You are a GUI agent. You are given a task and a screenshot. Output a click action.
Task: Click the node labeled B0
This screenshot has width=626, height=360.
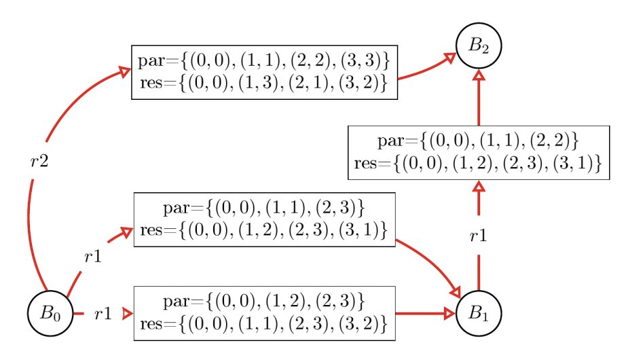[50, 314]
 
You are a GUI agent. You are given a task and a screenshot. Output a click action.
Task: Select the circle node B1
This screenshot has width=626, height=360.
[479, 314]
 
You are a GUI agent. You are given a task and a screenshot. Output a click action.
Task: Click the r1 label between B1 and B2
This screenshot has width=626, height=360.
[479, 236]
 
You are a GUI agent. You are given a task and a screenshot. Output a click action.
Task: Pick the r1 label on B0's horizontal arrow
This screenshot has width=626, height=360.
[103, 314]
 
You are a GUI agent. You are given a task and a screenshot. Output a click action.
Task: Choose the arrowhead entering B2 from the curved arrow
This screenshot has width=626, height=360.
[449, 59]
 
